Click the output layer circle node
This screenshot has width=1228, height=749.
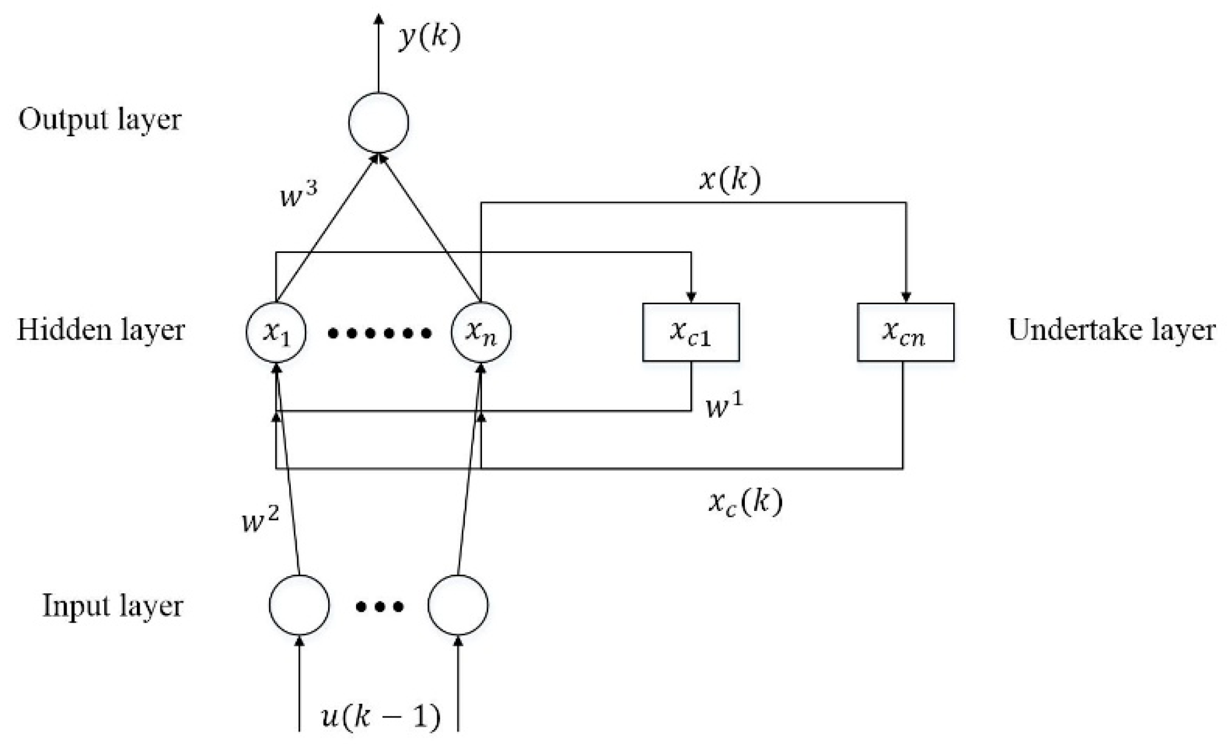[x=378, y=123]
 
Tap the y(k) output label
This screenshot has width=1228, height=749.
[x=429, y=38]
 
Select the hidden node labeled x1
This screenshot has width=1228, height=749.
[x=277, y=332]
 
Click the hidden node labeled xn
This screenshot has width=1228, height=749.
[x=481, y=332]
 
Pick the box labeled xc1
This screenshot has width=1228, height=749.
[x=691, y=332]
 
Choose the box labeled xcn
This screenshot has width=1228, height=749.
[x=905, y=332]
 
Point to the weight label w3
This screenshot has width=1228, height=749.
[x=296, y=195]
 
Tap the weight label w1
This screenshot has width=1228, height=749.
[x=724, y=406]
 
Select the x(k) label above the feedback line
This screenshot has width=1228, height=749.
[x=730, y=181]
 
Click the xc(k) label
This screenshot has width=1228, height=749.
[x=745, y=502]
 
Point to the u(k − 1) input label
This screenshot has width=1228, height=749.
[x=381, y=716]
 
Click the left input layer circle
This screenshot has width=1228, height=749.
[x=299, y=605]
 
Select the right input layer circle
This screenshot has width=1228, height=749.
[x=458, y=605]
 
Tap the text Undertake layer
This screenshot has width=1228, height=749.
[x=1111, y=331]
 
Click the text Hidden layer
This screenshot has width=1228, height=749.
[x=101, y=331]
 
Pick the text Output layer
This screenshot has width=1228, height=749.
[x=100, y=120]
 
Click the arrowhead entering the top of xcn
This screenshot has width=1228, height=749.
[x=906, y=298]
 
